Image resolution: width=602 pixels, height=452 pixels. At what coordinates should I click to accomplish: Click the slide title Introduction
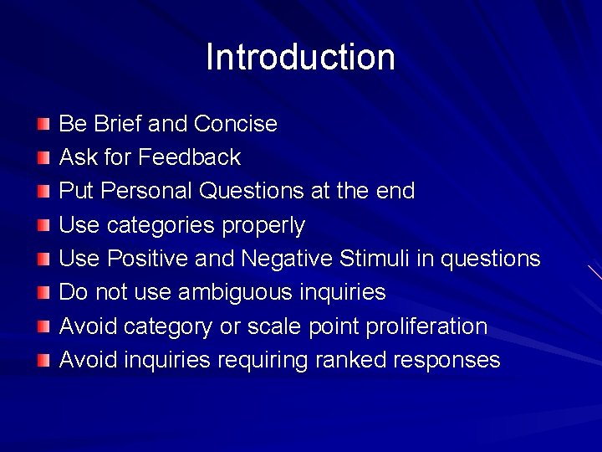tap(300, 57)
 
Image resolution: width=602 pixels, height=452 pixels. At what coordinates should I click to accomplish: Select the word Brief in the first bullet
tap(117, 124)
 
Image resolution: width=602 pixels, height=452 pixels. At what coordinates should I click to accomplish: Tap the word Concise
tap(235, 124)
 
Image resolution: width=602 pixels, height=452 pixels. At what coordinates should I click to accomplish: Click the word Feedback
tap(190, 157)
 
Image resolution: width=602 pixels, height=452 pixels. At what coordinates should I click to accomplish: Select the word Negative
tap(287, 259)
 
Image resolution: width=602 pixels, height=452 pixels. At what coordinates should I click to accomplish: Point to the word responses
tap(446, 360)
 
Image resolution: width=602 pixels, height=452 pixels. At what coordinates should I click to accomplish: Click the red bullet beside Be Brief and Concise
tap(43, 125)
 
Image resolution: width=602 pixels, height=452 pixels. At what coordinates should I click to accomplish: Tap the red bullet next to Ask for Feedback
tap(43, 158)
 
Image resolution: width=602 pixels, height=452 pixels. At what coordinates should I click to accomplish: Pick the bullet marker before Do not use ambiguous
tap(43, 293)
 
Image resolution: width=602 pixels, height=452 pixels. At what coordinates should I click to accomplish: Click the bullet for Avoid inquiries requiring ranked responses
tap(43, 361)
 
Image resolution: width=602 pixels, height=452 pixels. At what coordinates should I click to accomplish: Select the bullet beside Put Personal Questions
tap(43, 192)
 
